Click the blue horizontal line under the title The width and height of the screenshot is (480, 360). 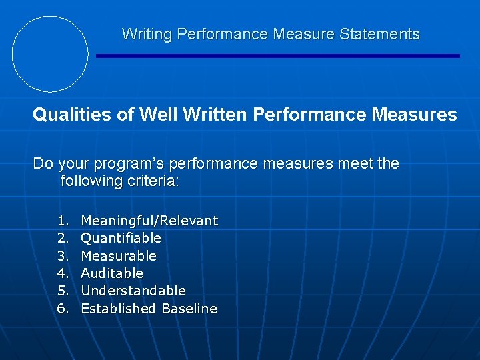[x=278, y=56]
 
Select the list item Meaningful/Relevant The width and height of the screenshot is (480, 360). [x=149, y=221]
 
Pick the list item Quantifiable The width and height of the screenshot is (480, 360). [x=121, y=238]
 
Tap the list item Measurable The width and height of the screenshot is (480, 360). [x=119, y=256]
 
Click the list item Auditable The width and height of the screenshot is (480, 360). [x=112, y=273]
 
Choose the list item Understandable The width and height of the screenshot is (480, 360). [x=133, y=291]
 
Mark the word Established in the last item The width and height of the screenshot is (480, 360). [x=118, y=309]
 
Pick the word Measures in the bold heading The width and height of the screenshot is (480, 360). [x=414, y=115]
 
